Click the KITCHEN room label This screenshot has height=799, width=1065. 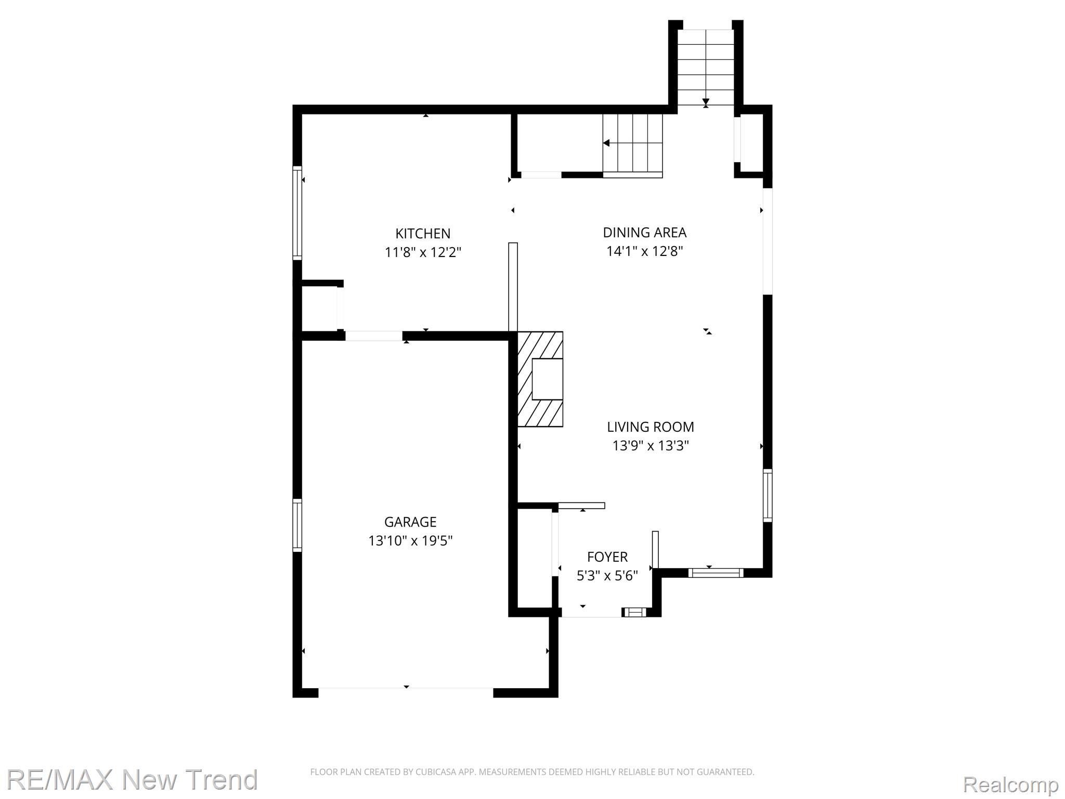click(423, 234)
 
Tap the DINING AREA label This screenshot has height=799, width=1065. click(644, 233)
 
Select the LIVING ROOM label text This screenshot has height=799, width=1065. click(650, 427)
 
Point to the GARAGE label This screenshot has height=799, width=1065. click(410, 522)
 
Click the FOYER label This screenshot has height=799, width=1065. click(607, 557)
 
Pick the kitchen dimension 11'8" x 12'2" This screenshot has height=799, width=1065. click(423, 252)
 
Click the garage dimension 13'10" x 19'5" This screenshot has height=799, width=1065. click(410, 541)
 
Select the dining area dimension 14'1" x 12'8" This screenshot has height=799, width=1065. click(644, 251)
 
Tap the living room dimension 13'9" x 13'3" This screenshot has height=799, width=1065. click(650, 446)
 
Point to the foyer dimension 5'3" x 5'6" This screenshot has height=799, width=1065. click(607, 576)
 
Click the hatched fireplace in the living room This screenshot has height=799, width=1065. click(540, 379)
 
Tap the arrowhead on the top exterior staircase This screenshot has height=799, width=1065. click(706, 102)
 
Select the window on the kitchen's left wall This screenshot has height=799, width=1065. click(297, 213)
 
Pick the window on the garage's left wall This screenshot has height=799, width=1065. click(297, 525)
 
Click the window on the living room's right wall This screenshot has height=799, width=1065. click(768, 495)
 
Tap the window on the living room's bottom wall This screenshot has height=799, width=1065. click(716, 573)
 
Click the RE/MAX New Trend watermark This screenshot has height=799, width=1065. click(132, 779)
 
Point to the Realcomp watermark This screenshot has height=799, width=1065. click(1010, 784)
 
